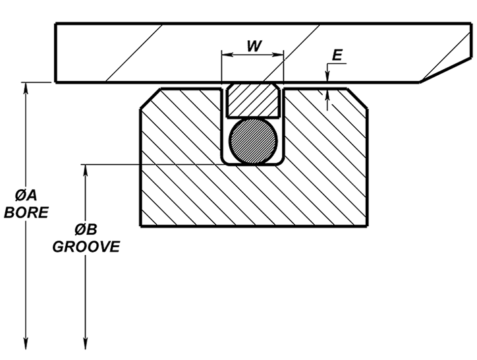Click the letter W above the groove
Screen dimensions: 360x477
click(252, 45)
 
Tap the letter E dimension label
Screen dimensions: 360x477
click(337, 55)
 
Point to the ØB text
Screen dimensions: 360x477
click(86, 230)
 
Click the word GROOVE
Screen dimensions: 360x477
click(86, 247)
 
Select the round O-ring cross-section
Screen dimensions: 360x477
click(252, 140)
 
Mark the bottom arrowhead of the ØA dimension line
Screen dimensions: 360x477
click(26, 343)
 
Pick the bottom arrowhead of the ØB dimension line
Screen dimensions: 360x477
click(86, 343)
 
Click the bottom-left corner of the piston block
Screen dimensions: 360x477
click(141, 226)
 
